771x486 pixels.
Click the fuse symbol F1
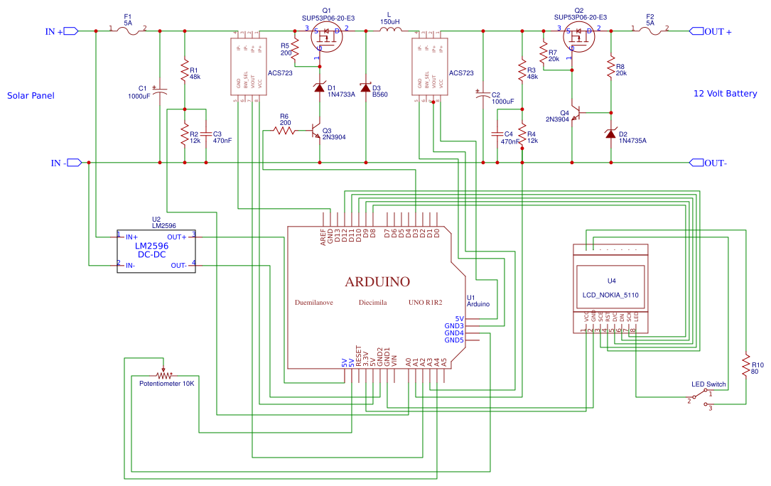(x=128, y=31)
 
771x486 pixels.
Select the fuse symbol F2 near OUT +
(x=649, y=31)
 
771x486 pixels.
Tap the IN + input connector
(x=70, y=31)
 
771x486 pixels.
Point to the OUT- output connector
(x=697, y=163)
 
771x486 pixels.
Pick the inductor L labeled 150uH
(x=389, y=31)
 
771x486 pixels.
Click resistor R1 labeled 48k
(x=185, y=72)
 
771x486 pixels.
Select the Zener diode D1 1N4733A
(x=319, y=87)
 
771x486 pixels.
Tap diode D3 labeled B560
(x=366, y=87)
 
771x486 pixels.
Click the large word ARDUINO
(x=377, y=282)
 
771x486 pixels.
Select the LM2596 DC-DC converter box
(x=156, y=251)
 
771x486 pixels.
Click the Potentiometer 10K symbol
(x=165, y=374)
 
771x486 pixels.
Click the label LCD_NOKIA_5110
(x=611, y=294)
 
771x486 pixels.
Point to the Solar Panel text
(x=31, y=96)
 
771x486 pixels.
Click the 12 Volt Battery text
(x=726, y=94)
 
